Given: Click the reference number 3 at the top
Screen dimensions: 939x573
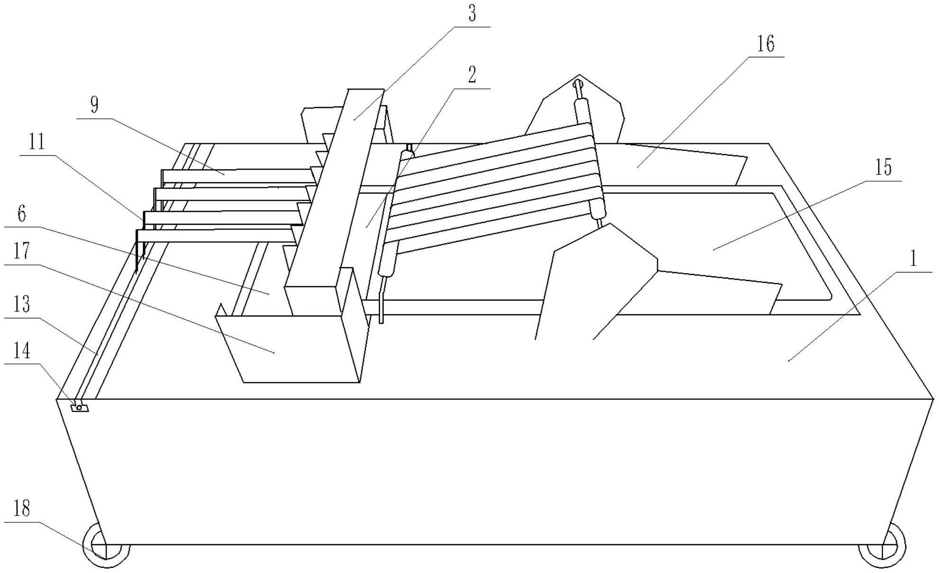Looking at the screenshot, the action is coord(472,14).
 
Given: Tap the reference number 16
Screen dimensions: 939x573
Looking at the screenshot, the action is coord(765,44).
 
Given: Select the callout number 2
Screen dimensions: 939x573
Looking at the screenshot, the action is coord(472,75).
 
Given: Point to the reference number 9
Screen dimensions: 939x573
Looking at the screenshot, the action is coord(94,105).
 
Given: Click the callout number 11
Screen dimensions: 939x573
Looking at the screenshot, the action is coord(36,141).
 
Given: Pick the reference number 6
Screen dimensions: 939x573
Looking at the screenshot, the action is coord(22,214).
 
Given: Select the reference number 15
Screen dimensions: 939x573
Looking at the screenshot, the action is coord(883,167).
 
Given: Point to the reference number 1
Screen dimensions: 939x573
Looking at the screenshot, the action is coord(913,258).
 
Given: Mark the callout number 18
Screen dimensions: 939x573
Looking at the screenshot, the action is coord(22,509).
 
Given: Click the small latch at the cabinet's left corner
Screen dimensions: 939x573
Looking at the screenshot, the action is coord(79,407).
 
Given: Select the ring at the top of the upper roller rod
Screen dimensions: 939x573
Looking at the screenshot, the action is coord(577,85).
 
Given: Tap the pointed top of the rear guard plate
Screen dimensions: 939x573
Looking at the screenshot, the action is coord(579,76).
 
